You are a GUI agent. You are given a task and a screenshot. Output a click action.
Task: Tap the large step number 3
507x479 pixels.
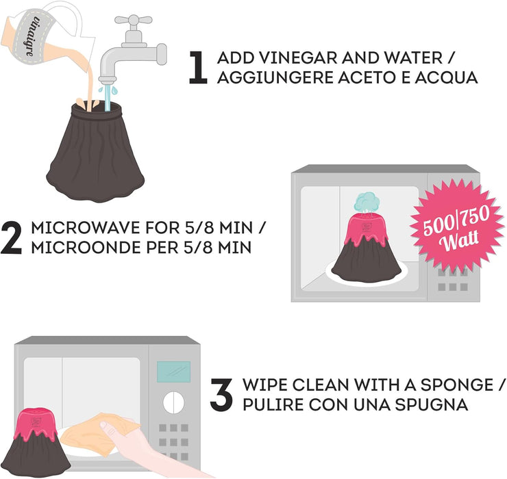(221, 395)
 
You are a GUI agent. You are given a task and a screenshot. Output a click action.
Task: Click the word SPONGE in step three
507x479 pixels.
(441, 385)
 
